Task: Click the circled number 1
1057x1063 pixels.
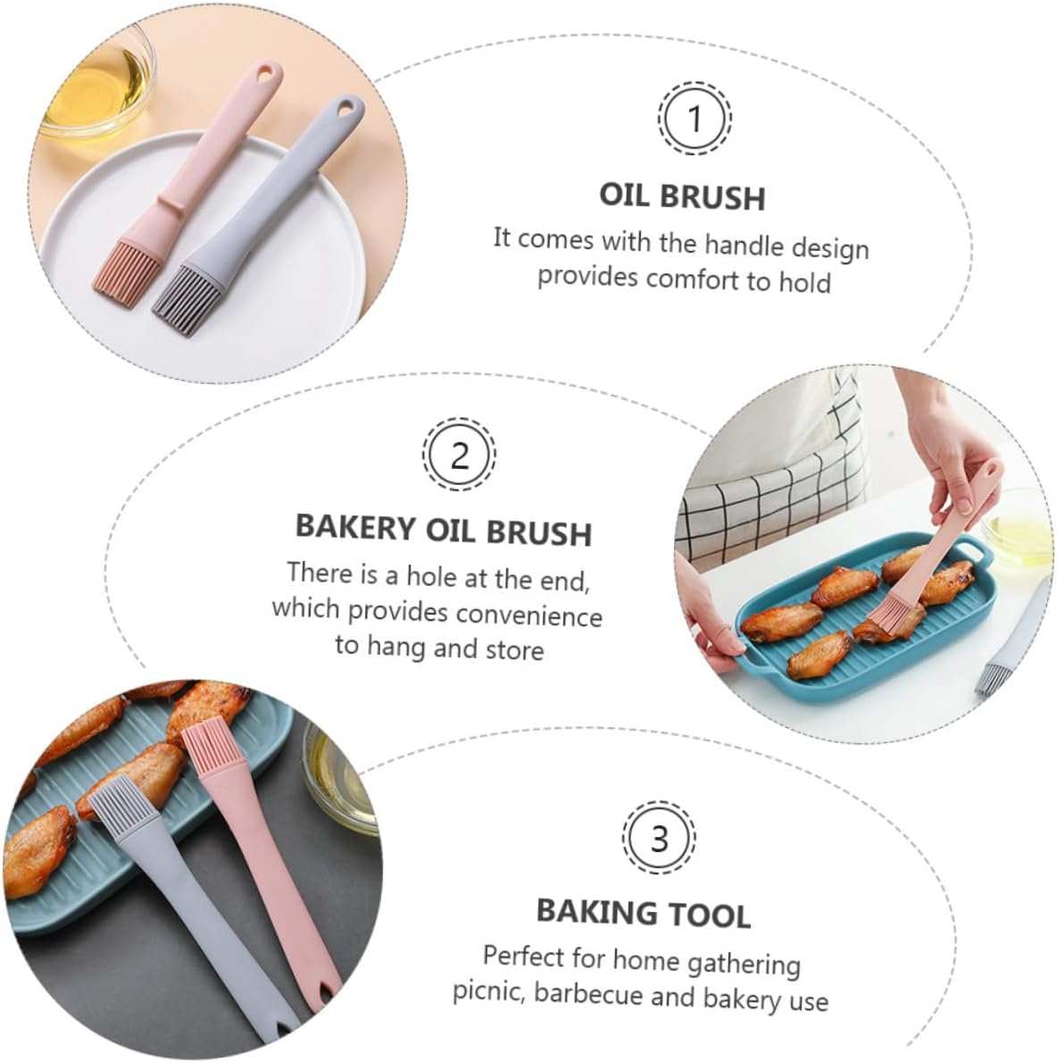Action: pos(695,119)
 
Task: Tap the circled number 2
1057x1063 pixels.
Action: pos(459,455)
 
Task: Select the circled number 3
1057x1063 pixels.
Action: pos(659,838)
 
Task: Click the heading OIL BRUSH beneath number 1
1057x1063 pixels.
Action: pos(682,196)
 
